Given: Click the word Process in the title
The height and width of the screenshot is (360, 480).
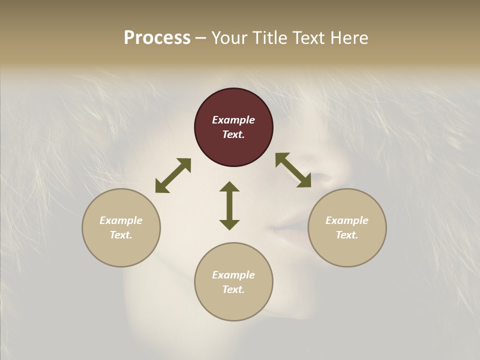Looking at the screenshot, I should pos(157,38).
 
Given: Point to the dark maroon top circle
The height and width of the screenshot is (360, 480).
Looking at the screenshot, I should pos(233,106).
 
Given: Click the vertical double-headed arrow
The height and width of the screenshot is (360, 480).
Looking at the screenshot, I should pos(229,205).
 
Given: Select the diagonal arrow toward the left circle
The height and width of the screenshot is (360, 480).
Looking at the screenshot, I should pos(173,175).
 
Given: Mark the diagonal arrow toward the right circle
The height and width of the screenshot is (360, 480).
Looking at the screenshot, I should pos(293,170).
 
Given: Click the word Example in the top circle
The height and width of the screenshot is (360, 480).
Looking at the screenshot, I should pos(233,120).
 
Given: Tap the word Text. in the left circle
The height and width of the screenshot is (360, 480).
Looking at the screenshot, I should pos(121,235).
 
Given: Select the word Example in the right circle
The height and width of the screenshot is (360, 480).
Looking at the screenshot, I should pos(347,220).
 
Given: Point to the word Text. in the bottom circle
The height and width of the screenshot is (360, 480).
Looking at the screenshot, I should pos(233,289).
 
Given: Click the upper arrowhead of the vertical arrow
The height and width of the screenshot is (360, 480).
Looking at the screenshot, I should pos(229,187).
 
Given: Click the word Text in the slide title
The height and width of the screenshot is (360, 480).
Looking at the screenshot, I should pos(306,38).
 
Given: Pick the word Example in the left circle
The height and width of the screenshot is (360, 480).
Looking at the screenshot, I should pos(121,220).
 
